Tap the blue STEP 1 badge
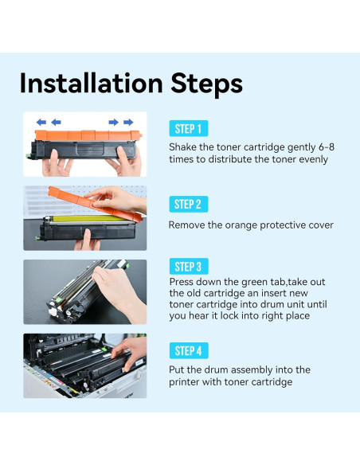tap(189, 129)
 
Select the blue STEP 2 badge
tap(189, 205)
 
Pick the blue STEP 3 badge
tap(189, 267)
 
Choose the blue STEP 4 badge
tap(189, 350)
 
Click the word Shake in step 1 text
tap(183, 148)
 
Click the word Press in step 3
tap(182, 283)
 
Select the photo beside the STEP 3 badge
tap(84, 291)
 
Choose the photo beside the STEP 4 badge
tap(84, 365)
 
